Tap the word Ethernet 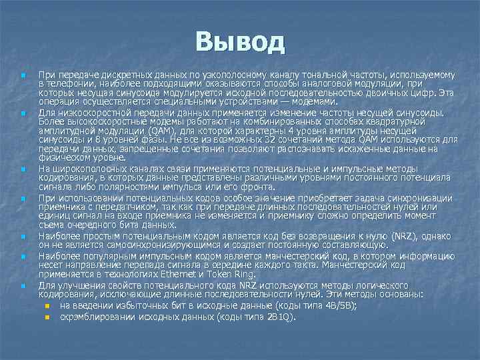pyautogui.click(x=189, y=274)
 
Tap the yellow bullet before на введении pyautogui.click(x=47, y=305)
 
